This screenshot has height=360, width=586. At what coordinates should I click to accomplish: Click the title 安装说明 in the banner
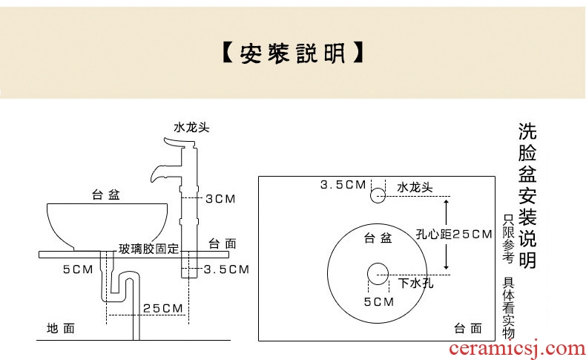(292, 53)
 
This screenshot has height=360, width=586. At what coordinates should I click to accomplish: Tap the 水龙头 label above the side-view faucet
(191, 128)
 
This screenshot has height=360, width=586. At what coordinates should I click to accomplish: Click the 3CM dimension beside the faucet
(220, 199)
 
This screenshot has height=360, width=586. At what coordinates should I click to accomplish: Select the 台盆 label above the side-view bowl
(106, 194)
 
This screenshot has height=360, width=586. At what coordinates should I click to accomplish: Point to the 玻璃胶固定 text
(149, 249)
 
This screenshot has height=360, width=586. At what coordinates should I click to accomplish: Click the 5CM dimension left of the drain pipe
(78, 269)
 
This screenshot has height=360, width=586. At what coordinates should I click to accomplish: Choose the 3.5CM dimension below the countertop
(226, 269)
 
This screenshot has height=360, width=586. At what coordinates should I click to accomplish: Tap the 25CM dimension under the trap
(163, 308)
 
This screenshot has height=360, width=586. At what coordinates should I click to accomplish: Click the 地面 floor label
(61, 329)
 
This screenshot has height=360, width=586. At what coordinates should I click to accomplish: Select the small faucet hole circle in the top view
(378, 195)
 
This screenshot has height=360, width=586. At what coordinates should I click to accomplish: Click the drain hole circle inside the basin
(378, 274)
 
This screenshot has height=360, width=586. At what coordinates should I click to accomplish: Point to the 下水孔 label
(415, 283)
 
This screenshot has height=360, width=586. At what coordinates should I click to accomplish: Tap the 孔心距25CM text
(454, 235)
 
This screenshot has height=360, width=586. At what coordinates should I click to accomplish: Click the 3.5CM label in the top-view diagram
(343, 185)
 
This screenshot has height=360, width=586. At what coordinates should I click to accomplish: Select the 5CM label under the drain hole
(379, 301)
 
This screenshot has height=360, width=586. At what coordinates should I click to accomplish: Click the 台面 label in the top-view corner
(468, 329)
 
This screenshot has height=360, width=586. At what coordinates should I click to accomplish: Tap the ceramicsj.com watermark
(517, 348)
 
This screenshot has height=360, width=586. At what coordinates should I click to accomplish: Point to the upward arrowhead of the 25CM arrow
(446, 202)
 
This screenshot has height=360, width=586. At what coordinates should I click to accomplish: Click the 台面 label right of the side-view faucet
(223, 243)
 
